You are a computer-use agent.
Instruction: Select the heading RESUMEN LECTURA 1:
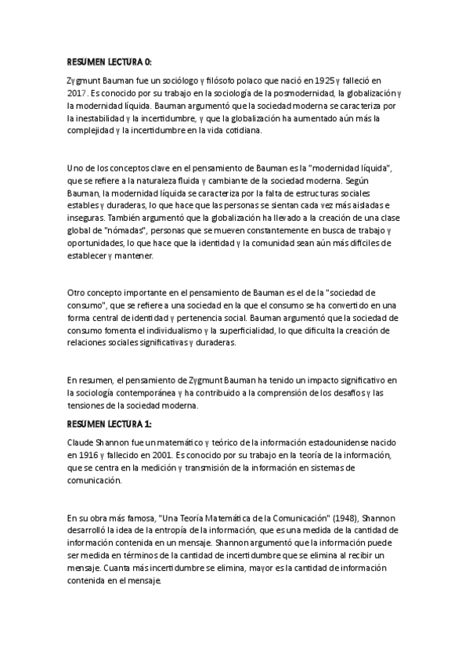tap(110, 424)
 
